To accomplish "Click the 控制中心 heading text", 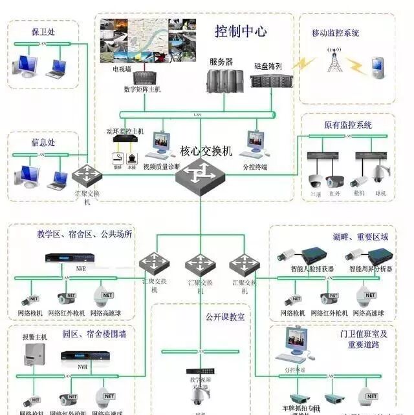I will (x=241, y=31).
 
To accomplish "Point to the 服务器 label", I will (x=221, y=62).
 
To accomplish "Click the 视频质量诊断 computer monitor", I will (x=160, y=145).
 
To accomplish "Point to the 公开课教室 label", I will (x=225, y=318).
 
